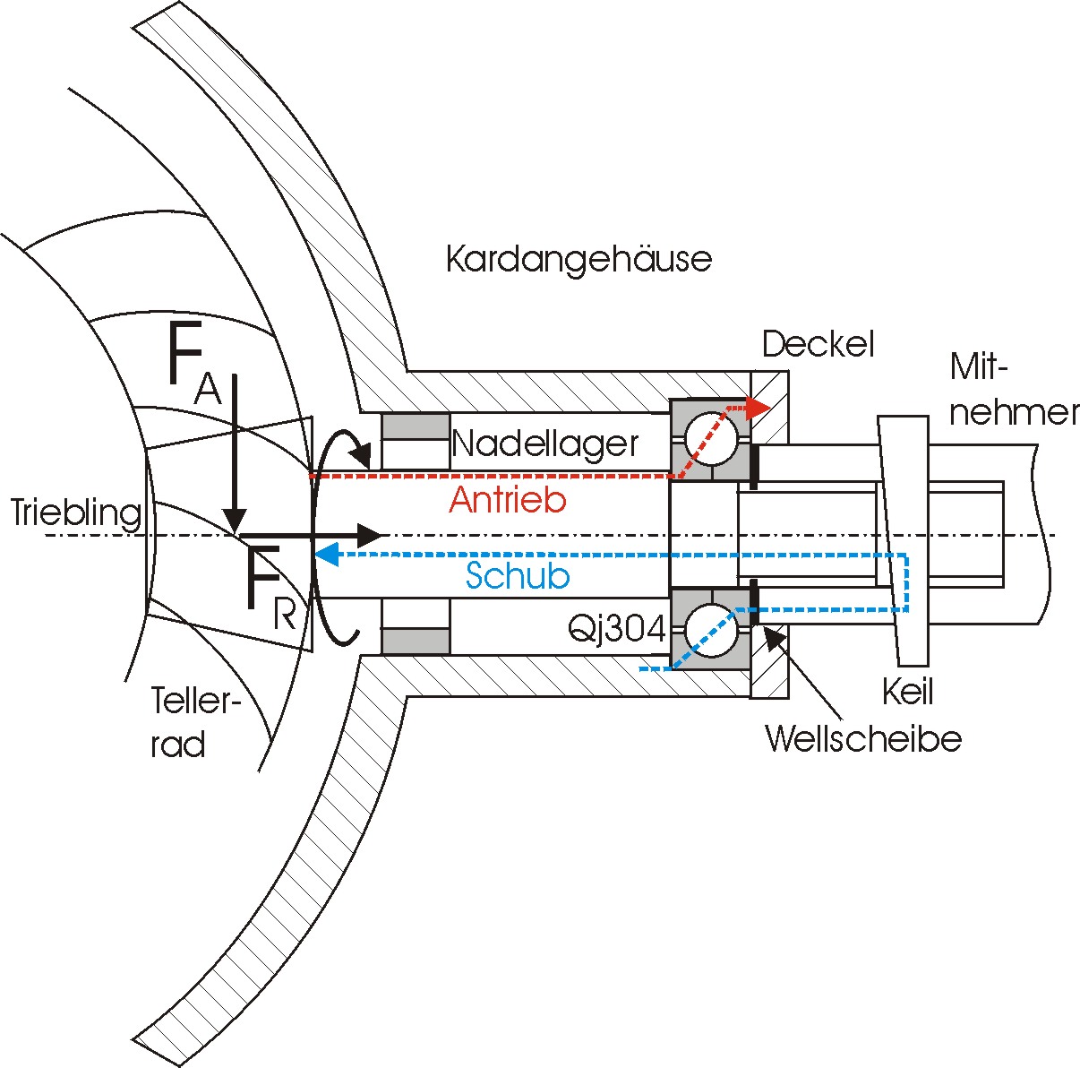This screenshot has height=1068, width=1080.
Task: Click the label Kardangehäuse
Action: tap(579, 260)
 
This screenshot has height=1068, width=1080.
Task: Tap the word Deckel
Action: tap(818, 344)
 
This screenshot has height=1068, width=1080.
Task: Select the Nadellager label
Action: tap(545, 444)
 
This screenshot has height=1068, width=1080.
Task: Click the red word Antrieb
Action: tap(508, 500)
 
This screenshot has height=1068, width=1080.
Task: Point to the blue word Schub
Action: tap(518, 576)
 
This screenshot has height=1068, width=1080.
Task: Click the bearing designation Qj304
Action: tap(617, 630)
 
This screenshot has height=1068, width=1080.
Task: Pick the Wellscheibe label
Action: tap(863, 739)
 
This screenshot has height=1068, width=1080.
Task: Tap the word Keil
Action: tap(907, 692)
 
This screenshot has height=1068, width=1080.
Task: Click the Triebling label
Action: tap(77, 513)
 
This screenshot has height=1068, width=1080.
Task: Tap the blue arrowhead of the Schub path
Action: tap(326, 555)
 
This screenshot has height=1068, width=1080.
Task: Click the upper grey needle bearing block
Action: tap(416, 440)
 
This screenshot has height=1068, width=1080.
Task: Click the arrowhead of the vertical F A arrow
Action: tap(235, 521)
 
